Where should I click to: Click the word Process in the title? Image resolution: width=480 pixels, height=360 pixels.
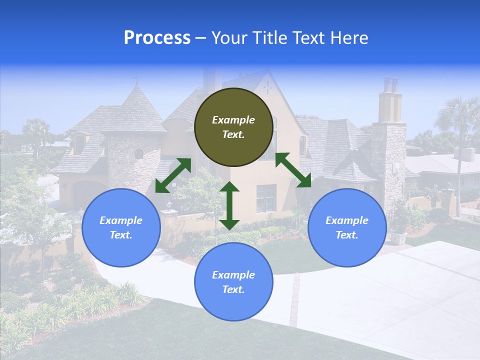coord(157,38)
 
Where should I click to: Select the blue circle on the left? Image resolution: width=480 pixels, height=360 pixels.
coord(121,227)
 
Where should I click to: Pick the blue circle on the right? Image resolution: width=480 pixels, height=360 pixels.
coord(347,227)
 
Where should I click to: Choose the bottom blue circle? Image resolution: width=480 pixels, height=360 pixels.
coord(233,282)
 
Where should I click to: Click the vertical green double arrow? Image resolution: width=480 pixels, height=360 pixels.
coord(229,206)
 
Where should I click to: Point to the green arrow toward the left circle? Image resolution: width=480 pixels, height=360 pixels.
coord(173,175)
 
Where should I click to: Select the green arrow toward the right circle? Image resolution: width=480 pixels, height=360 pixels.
coord(293,170)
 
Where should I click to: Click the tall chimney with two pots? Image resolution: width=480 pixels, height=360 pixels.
coord(390,100)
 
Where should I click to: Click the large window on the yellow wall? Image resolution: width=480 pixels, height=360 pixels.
coord(266,198)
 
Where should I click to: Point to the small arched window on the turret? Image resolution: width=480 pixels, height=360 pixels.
coord(138,154)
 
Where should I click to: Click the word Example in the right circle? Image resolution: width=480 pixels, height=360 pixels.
coord(347,220)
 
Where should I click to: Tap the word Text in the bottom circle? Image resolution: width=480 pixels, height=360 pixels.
coord(233,289)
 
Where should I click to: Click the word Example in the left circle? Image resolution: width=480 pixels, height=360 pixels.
coord(121,220)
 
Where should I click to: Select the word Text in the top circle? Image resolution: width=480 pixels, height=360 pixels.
coord(233,134)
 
